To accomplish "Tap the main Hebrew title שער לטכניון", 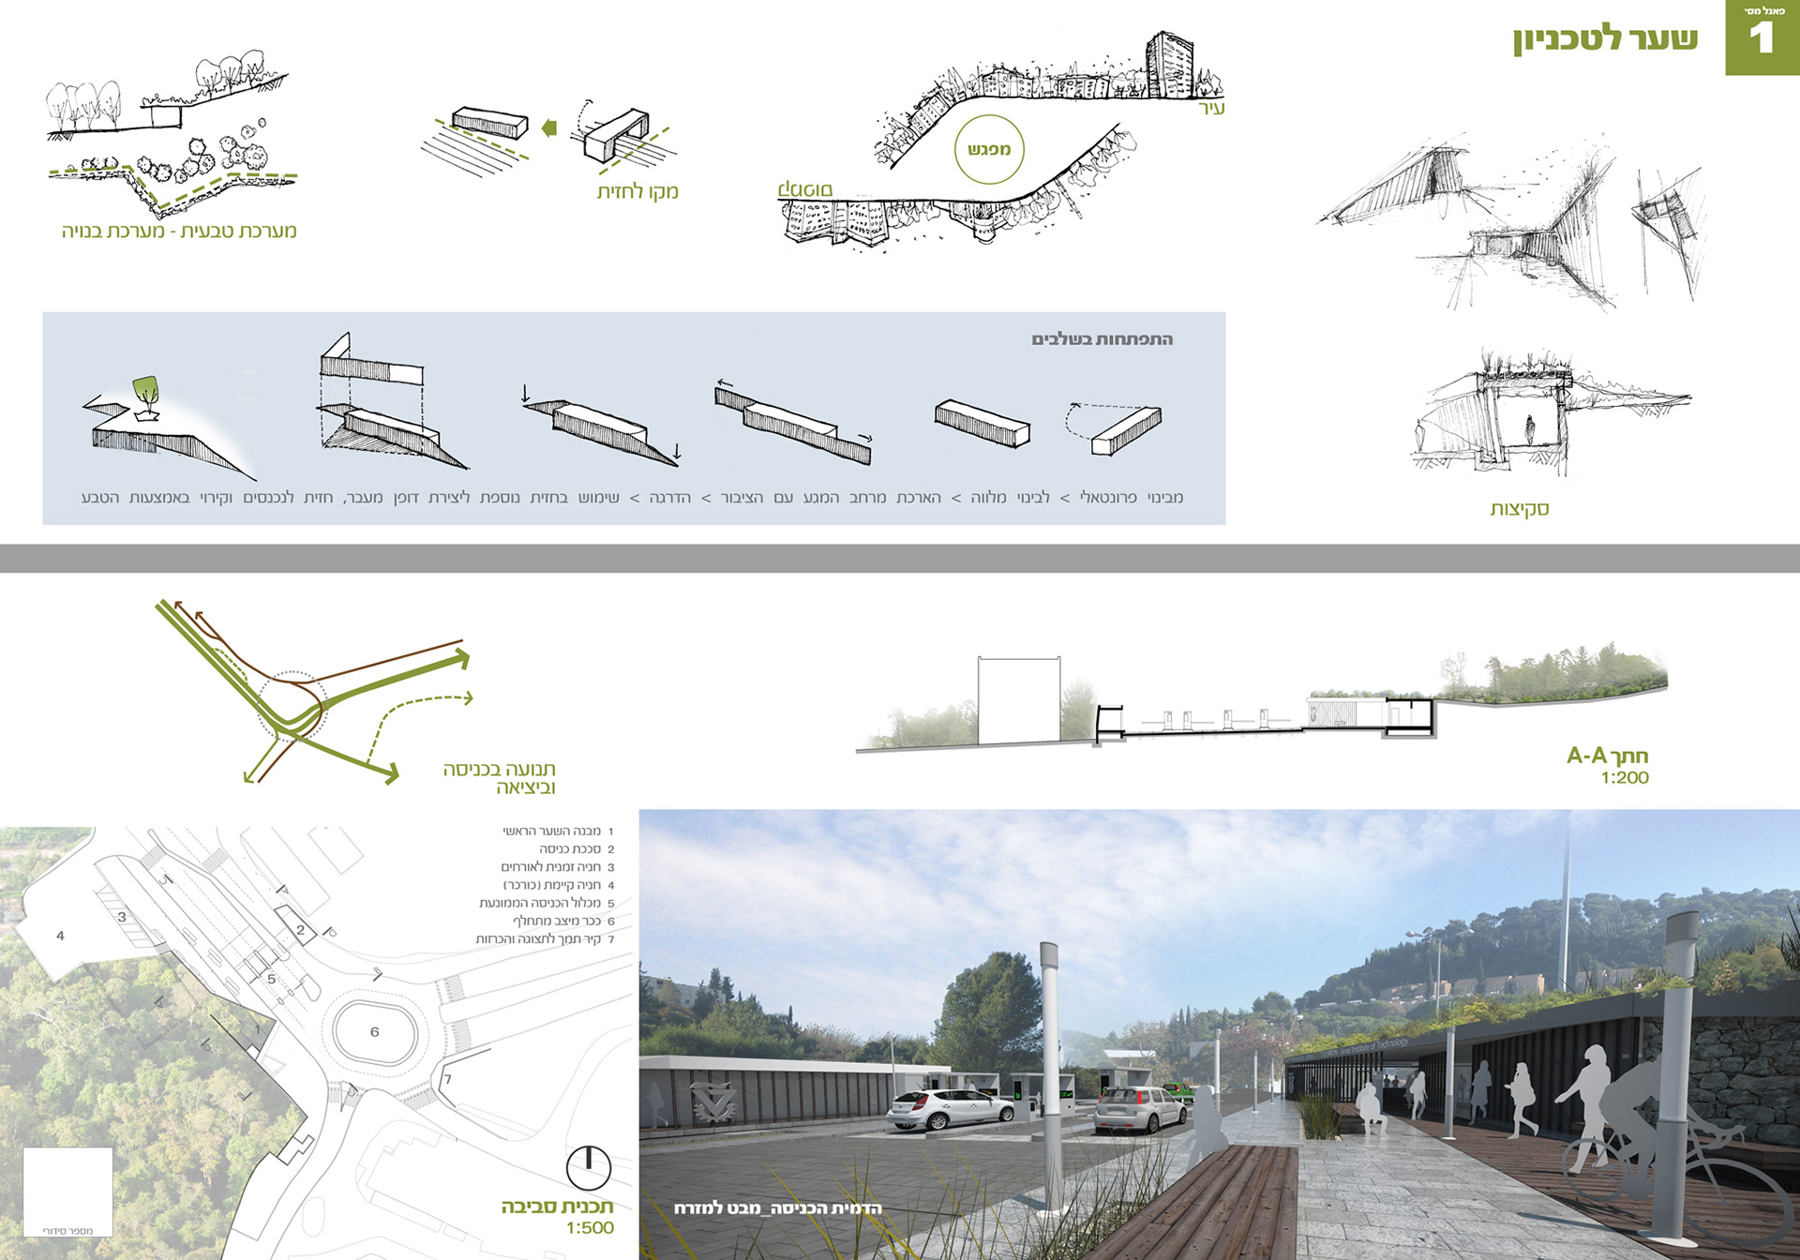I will [1605, 39].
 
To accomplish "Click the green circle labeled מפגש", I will [989, 149].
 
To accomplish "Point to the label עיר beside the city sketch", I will [1212, 109].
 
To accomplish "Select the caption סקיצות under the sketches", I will [1520, 509].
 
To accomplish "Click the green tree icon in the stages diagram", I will [145, 390].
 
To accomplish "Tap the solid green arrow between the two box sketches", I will [549, 128].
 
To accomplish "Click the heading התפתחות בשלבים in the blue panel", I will [1102, 339].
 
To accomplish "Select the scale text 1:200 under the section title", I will [1625, 778].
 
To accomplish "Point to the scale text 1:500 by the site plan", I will [590, 1228].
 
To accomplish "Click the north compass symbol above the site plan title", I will [589, 1168].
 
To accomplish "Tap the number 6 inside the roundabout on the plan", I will [374, 1032].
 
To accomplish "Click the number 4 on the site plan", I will [61, 936].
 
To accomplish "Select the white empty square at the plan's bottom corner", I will [67, 1191].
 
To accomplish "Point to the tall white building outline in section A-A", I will [1019, 700].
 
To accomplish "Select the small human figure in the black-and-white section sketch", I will [1531, 430].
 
